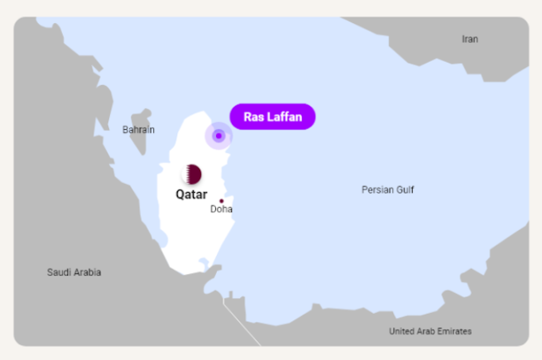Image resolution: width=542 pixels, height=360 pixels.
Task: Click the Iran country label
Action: tap(470, 39)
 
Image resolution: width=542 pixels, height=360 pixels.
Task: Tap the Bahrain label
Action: tap(139, 129)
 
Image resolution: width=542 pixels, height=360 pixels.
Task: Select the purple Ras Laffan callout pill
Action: tap(273, 117)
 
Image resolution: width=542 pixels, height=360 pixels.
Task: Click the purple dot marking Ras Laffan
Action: tap(218, 135)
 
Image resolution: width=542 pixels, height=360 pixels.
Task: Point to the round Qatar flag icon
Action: tap(191, 174)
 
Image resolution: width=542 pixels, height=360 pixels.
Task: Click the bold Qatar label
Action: tap(191, 194)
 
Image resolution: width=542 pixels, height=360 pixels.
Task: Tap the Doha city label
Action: tap(222, 209)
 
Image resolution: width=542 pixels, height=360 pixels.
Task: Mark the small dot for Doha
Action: tap(222, 201)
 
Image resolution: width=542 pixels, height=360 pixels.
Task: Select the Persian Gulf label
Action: tap(387, 190)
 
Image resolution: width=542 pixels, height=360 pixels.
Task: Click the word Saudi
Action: tap(60, 272)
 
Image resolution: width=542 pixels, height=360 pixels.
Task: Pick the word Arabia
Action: tap(88, 272)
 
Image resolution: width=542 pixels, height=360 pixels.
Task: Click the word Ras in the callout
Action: tap(253, 117)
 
